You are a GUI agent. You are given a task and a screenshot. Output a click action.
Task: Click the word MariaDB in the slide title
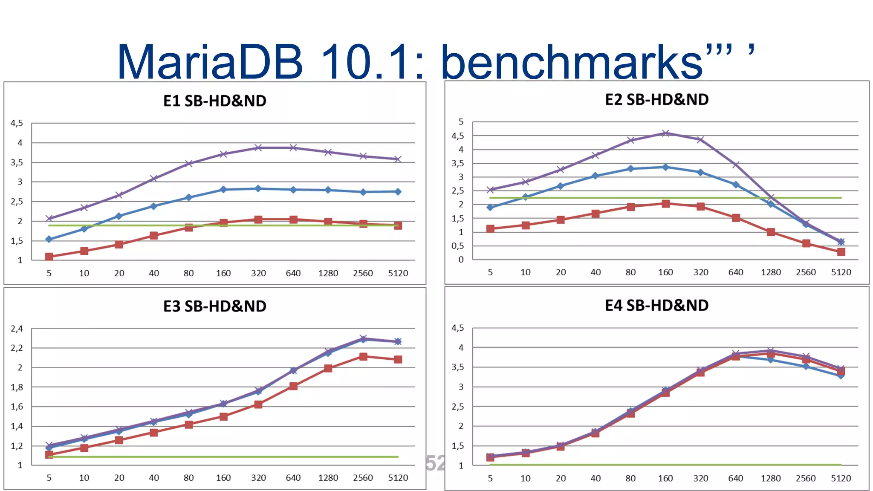210,62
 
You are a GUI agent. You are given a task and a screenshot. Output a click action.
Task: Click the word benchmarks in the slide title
571,62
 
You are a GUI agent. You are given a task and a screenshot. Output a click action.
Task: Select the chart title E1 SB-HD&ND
215,101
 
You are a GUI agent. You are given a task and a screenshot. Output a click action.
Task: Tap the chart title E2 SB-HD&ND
656,100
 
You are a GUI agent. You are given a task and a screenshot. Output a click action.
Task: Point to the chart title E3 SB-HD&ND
215,306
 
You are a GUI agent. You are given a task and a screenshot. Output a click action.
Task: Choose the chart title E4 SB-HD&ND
656,306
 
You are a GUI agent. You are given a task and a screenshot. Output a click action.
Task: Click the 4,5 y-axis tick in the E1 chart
17,123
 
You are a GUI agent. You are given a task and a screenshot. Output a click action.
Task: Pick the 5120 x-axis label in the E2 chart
841,272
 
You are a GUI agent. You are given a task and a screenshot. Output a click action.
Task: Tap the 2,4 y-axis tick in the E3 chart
17,329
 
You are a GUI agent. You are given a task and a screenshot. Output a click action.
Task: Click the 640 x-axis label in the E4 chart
736,478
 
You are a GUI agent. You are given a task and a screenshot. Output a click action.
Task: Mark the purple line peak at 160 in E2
665,133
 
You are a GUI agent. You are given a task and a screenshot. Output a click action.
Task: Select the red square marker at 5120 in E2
841,252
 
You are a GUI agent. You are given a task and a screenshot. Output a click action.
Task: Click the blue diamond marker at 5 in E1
49,240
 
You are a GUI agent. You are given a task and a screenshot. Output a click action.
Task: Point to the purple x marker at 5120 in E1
398,159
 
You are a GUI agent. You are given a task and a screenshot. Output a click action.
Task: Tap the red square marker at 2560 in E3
363,357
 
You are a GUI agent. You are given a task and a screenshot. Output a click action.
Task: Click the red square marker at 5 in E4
490,457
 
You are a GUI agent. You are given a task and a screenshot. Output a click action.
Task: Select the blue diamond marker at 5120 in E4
841,375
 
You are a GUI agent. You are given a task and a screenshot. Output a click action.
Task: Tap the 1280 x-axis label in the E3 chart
328,478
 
